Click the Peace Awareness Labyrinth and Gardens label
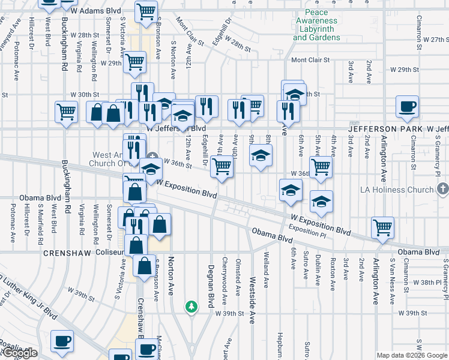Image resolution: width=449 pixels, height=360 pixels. click(316, 25)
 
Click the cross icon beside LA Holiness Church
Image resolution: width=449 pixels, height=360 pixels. click(443, 190)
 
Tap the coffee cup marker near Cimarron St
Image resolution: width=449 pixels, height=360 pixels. click(407, 107)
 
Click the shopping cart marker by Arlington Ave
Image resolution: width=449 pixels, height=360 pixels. click(382, 228)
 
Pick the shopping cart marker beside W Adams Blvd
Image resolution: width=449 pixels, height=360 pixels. click(146, 11)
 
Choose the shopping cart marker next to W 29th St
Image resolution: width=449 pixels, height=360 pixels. click(134, 62)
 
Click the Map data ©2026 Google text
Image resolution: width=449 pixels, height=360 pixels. click(412, 355)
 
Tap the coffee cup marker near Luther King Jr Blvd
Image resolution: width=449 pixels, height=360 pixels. click(61, 341)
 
